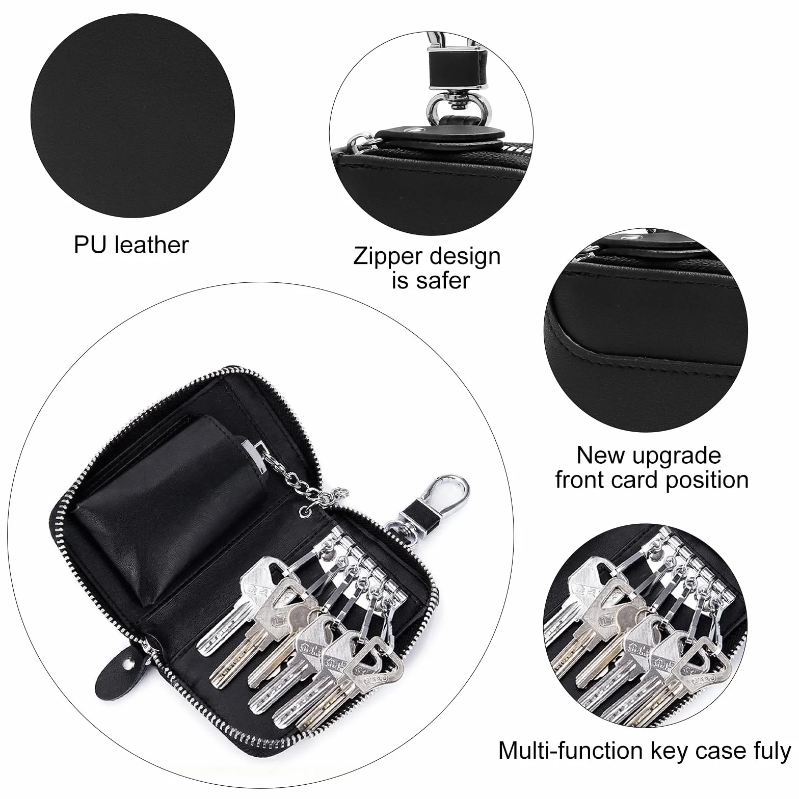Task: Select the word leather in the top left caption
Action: [152, 245]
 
